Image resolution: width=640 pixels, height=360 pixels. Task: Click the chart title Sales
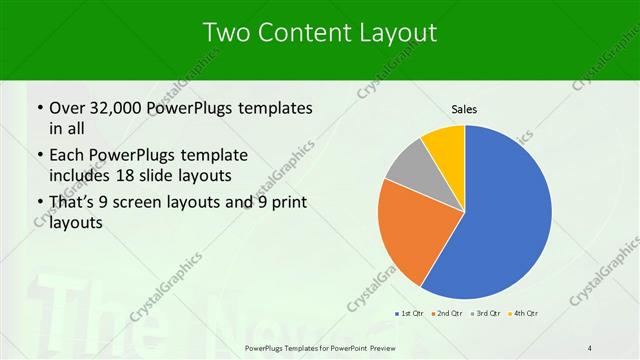[x=464, y=109]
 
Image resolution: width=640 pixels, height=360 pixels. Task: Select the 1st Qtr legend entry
[x=411, y=313]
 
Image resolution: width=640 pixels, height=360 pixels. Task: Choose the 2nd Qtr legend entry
[x=447, y=313]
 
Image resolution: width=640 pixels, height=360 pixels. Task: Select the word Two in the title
[x=226, y=32]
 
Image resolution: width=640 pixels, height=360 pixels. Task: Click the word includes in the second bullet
[x=81, y=175]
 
